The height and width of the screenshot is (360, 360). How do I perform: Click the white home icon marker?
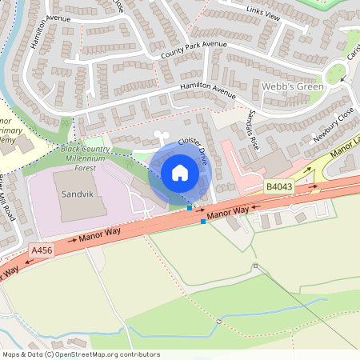coord(180,172)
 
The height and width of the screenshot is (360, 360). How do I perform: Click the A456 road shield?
coord(41,250)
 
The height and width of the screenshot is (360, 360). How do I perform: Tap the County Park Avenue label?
coord(194,50)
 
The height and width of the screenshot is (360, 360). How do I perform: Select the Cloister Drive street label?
coord(193,152)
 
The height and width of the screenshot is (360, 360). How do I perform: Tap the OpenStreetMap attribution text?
coord(81,354)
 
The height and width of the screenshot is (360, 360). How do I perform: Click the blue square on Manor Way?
coord(203,222)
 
